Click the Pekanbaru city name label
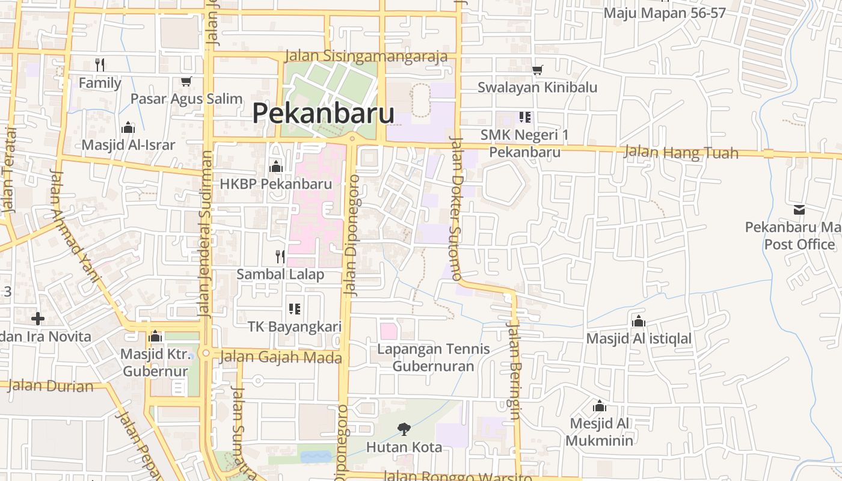(323, 113)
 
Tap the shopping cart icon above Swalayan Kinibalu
(537, 70)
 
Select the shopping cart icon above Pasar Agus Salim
(186, 81)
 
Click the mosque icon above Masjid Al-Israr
(128, 127)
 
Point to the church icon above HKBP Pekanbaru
(276, 166)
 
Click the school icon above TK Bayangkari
(295, 309)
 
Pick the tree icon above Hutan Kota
(404, 429)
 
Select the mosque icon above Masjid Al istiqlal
(639, 320)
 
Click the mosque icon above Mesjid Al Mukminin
(599, 406)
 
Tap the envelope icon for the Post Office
(799, 210)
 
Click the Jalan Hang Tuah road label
(681, 152)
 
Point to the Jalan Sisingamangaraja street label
(366, 56)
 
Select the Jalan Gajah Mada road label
(281, 358)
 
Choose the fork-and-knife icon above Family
(100, 64)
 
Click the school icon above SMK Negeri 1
(525, 117)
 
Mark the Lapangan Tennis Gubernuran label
(433, 357)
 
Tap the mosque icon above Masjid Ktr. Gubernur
(156, 336)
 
